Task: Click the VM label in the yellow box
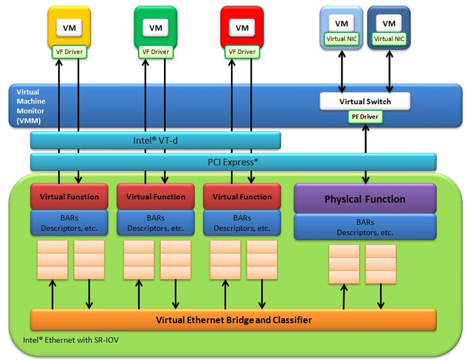[x=68, y=28]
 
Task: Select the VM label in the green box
[x=155, y=28]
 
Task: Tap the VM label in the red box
[x=242, y=28]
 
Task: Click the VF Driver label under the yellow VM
[x=68, y=51]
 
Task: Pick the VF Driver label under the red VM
[x=242, y=51]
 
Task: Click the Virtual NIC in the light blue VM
[x=341, y=38]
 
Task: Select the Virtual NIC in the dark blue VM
[x=389, y=38]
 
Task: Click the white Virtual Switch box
[x=365, y=101]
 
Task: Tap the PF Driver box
[x=365, y=117]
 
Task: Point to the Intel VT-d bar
[x=156, y=140]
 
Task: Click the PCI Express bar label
[x=233, y=162]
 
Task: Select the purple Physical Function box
[x=365, y=199]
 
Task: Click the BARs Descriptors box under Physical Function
[x=365, y=226]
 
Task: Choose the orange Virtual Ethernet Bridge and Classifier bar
[x=234, y=319]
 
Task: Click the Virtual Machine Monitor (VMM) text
[x=31, y=105]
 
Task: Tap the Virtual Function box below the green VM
[x=155, y=197]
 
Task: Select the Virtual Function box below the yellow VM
[x=69, y=197]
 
